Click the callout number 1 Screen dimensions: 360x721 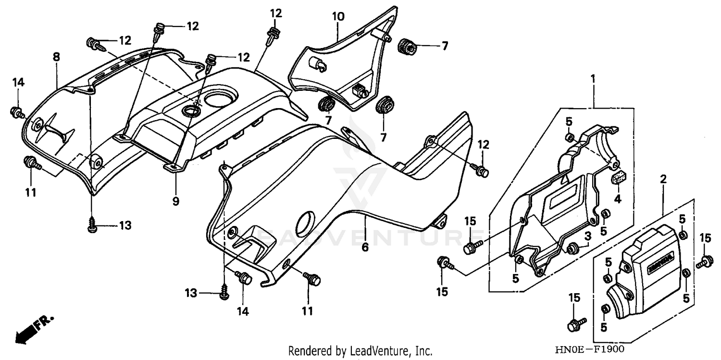click(x=593, y=77)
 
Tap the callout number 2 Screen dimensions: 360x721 click(x=663, y=179)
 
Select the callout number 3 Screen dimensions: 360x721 click(x=587, y=236)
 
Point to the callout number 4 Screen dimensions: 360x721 click(x=617, y=198)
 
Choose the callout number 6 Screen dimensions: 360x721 click(x=365, y=247)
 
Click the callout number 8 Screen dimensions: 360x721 click(x=56, y=57)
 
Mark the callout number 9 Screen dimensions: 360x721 click(x=176, y=201)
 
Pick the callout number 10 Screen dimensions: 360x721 click(x=338, y=17)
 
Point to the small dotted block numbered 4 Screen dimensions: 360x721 click(x=617, y=179)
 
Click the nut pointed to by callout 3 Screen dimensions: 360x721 click(x=572, y=248)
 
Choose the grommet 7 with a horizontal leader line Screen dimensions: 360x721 click(x=407, y=47)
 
